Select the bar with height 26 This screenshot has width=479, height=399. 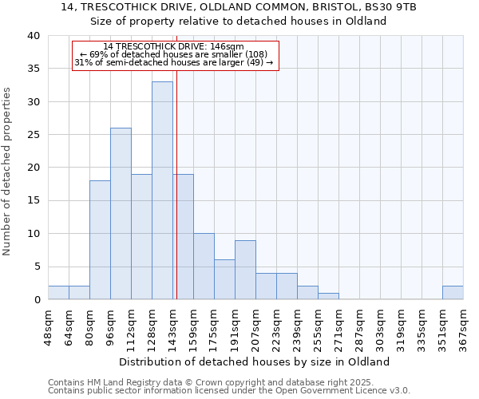click(121, 213)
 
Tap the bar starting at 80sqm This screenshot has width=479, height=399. click(100, 239)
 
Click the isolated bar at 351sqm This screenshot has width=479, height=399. click(453, 293)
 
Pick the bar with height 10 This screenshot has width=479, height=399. click(204, 266)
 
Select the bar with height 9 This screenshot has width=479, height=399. click(245, 270)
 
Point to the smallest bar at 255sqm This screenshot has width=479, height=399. click(328, 296)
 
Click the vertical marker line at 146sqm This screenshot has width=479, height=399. click(176, 184)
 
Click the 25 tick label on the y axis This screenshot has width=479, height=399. click(33, 135)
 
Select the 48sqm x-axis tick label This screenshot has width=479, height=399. click(48, 325)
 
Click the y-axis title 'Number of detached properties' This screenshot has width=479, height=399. click(7, 168)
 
